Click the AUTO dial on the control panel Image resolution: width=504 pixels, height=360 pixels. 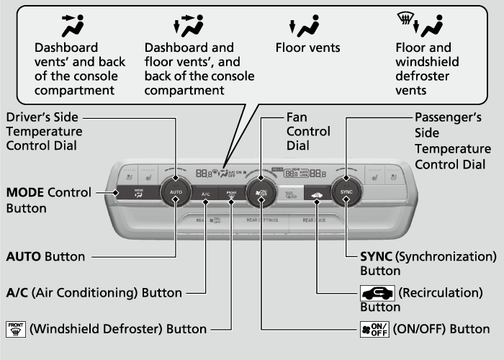[x=176, y=192]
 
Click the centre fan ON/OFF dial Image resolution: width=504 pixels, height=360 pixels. [x=261, y=192]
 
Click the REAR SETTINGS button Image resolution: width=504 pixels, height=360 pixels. [x=262, y=220]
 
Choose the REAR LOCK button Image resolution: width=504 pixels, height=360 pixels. [x=315, y=220]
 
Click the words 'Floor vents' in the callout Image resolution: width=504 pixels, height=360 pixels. [x=307, y=48]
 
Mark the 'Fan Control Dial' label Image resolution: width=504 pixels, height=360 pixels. [x=308, y=132]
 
